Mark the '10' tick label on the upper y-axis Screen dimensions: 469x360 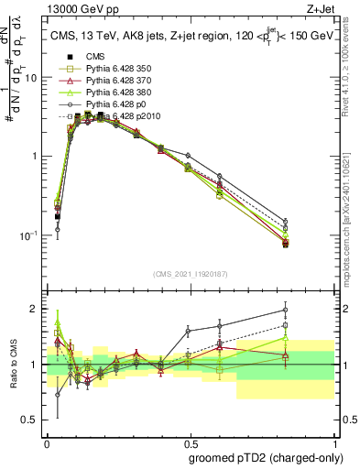point(30,78)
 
